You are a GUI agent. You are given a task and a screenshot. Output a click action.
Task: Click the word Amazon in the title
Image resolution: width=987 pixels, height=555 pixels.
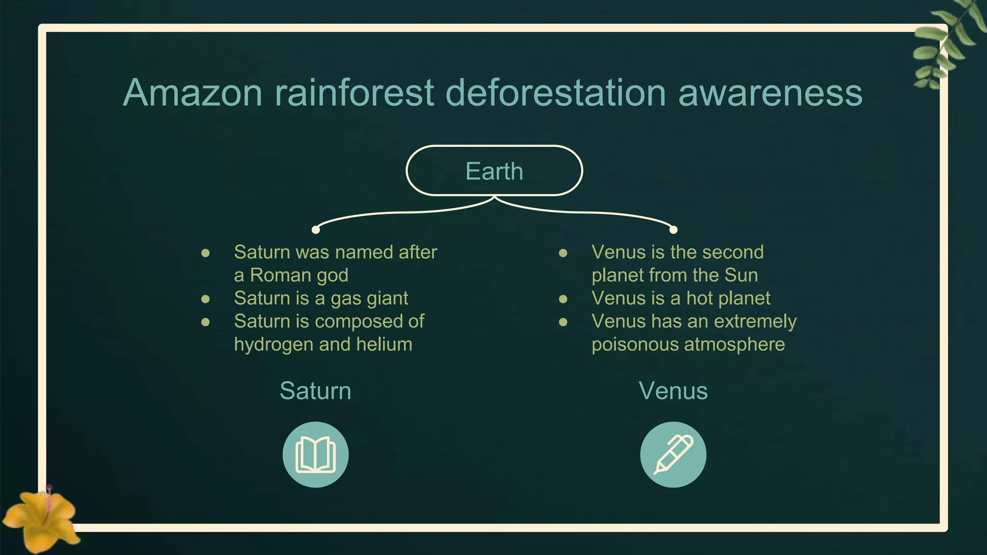[x=193, y=92]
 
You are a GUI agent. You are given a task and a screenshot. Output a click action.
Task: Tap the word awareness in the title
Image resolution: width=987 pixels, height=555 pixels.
[x=770, y=92]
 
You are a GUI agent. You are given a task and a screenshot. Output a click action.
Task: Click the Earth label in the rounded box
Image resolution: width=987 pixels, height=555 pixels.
[x=494, y=171]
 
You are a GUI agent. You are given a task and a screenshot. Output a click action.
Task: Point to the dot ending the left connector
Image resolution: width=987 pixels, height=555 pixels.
[x=316, y=230]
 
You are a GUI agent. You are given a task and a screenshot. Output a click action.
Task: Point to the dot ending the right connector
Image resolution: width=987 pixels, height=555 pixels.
[x=673, y=230]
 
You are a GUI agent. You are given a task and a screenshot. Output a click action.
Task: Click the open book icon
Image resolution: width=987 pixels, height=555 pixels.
[x=316, y=455]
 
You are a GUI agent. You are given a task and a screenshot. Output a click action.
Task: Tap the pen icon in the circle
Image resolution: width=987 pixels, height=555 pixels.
[x=673, y=455]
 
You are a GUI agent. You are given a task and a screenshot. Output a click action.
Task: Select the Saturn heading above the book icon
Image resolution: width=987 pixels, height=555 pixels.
[x=316, y=391]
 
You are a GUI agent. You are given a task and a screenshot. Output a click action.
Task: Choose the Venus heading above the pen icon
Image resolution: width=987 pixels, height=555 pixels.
[x=673, y=391]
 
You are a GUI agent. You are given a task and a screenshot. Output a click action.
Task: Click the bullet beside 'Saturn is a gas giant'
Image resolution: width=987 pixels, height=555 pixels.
[x=205, y=299]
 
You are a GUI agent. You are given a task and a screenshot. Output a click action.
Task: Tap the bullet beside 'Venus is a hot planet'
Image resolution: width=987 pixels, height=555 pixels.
[x=563, y=299]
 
